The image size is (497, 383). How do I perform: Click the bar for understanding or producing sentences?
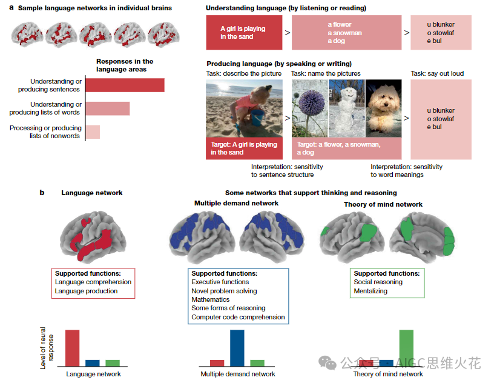click(x=125, y=85)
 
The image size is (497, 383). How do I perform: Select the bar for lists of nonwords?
click(x=93, y=132)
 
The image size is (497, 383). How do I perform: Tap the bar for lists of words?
click(x=108, y=108)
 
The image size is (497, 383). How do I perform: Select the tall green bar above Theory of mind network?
click(x=406, y=348)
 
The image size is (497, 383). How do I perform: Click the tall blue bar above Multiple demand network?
click(x=237, y=348)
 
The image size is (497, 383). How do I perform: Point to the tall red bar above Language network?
click(x=73, y=348)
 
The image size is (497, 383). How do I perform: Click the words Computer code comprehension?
click(x=238, y=317)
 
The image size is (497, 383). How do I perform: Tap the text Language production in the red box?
click(x=86, y=291)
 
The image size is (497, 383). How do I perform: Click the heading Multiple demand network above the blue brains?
click(x=237, y=203)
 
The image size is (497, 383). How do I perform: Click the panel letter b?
click(x=42, y=193)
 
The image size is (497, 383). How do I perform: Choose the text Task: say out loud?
click(x=437, y=73)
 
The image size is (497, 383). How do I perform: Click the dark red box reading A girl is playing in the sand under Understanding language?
click(x=243, y=33)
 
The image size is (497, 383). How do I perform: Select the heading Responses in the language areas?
click(x=125, y=65)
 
